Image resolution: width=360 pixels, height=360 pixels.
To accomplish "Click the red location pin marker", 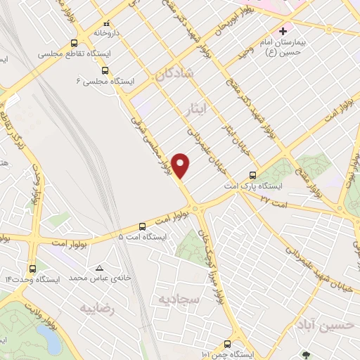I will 181,165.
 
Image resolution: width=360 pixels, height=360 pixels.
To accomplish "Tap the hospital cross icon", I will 283,31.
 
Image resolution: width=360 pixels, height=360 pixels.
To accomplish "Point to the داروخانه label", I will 106,32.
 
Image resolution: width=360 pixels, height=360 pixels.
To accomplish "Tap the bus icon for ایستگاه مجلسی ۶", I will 105,70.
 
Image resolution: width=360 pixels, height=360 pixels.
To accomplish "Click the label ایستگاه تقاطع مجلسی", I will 69,53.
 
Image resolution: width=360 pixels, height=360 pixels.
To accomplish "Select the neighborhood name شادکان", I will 173,73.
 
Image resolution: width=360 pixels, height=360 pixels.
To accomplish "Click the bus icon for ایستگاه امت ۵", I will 143,226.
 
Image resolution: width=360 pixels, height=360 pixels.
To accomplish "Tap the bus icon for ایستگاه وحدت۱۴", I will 33,268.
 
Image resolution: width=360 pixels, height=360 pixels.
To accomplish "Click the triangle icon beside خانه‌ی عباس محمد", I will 99,268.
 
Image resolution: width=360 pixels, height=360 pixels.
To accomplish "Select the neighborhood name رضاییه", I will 97,308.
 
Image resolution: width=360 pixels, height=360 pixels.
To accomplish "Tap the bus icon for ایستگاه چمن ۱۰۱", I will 227,344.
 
